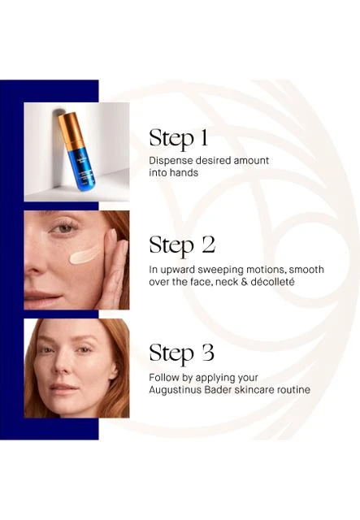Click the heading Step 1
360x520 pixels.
coord(178,138)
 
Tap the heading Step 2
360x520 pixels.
coord(182,245)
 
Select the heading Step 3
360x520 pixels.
coord(181,353)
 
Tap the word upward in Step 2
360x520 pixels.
coord(176,271)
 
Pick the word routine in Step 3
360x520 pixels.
coord(293,390)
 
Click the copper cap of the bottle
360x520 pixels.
coord(71,131)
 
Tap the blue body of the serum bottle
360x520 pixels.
coord(82,168)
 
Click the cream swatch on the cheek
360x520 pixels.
coord(84,255)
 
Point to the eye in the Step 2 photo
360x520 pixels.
coord(64,228)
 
